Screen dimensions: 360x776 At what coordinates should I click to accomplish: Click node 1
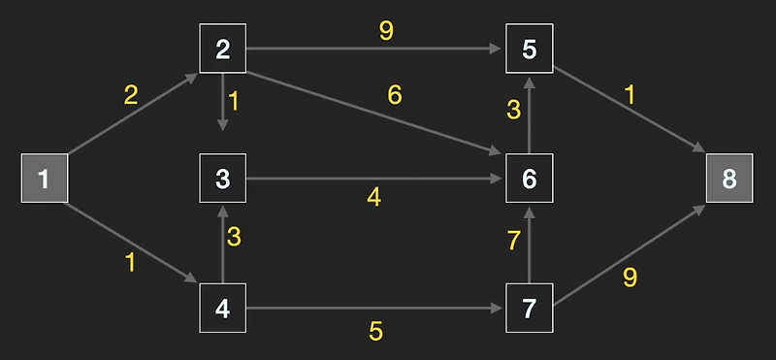(x=44, y=179)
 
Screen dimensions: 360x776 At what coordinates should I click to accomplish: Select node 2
(x=223, y=49)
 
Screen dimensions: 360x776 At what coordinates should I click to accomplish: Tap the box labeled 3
(x=223, y=179)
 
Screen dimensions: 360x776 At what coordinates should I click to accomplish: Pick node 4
(x=223, y=310)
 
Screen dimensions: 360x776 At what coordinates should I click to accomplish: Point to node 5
(x=529, y=49)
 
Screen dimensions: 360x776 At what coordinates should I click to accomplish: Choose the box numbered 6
(x=529, y=179)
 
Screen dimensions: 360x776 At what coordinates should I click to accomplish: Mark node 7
(x=529, y=310)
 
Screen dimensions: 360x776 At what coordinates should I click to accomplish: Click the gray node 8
(x=729, y=179)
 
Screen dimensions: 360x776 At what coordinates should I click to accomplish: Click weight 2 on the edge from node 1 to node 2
(x=130, y=95)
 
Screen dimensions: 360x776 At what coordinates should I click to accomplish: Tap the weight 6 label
(x=395, y=95)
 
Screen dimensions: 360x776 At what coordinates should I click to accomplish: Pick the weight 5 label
(x=375, y=331)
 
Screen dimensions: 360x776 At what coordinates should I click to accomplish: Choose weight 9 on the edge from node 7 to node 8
(x=630, y=278)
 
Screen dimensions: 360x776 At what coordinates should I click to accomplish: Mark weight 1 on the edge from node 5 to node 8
(x=630, y=95)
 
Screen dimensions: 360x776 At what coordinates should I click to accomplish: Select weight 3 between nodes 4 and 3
(x=234, y=236)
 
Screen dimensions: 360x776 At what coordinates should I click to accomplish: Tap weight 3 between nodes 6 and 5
(x=514, y=111)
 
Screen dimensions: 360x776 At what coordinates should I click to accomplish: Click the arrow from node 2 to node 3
(x=223, y=103)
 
